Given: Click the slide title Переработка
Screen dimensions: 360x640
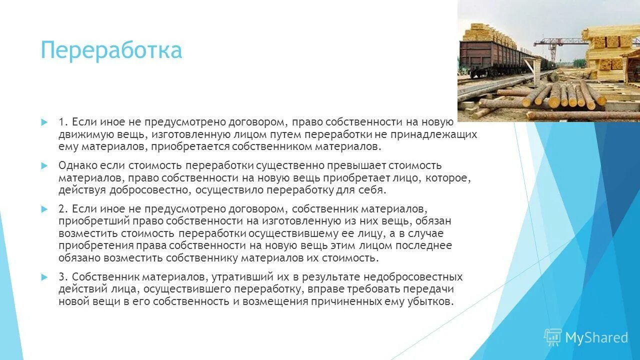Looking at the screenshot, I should click(x=111, y=51).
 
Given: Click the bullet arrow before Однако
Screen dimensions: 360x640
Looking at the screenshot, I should click(x=44, y=165).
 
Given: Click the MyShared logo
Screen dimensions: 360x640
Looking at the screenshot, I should click(x=586, y=338).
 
